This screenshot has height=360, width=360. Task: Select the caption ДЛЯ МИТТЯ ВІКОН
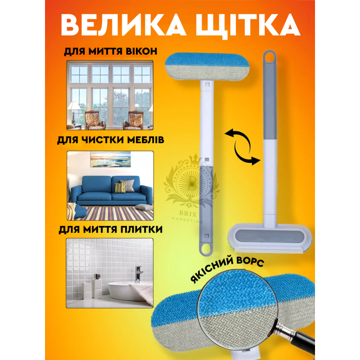tap(111, 51)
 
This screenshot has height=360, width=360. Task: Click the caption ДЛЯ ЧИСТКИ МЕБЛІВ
tap(111, 139)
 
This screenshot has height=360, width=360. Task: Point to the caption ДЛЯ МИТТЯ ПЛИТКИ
tap(111, 229)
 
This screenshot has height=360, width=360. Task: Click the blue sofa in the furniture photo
tap(112, 190)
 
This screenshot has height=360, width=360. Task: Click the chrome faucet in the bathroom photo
tap(138, 274)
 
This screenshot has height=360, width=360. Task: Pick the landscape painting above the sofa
tap(111, 159)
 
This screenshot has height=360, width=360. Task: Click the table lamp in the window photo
tap(74, 112)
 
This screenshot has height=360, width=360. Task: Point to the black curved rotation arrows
tap(243, 147)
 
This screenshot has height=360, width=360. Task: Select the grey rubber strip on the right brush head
tap(270, 236)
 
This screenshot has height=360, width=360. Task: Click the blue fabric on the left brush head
tap(207, 59)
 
